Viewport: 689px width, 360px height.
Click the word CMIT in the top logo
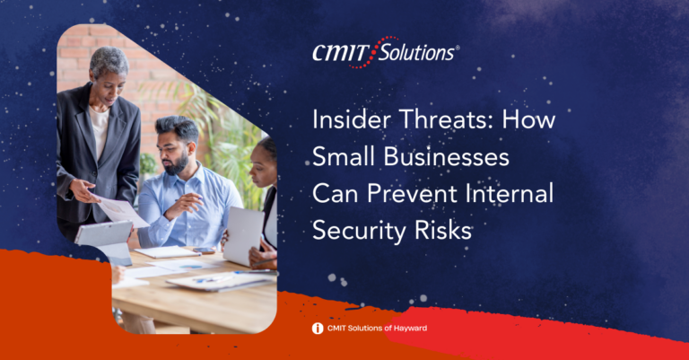pyautogui.click(x=340, y=53)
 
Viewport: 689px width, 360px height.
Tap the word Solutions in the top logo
pyautogui.click(x=416, y=53)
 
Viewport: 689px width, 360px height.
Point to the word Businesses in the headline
pyautogui.click(x=447, y=156)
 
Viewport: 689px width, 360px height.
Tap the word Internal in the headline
pyautogui.click(x=509, y=193)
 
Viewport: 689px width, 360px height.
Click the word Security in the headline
pyautogui.click(x=360, y=231)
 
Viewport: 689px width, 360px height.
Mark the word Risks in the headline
pyautogui.click(x=443, y=231)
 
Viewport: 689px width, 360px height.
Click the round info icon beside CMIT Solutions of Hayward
pyautogui.click(x=318, y=329)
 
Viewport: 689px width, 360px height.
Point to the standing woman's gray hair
pyautogui.click(x=109, y=61)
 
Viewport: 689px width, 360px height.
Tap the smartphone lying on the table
pyautogui.click(x=204, y=250)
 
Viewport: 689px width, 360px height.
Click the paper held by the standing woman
pyautogui.click(x=122, y=212)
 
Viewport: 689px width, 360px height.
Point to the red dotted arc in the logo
pyautogui.click(x=372, y=53)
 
